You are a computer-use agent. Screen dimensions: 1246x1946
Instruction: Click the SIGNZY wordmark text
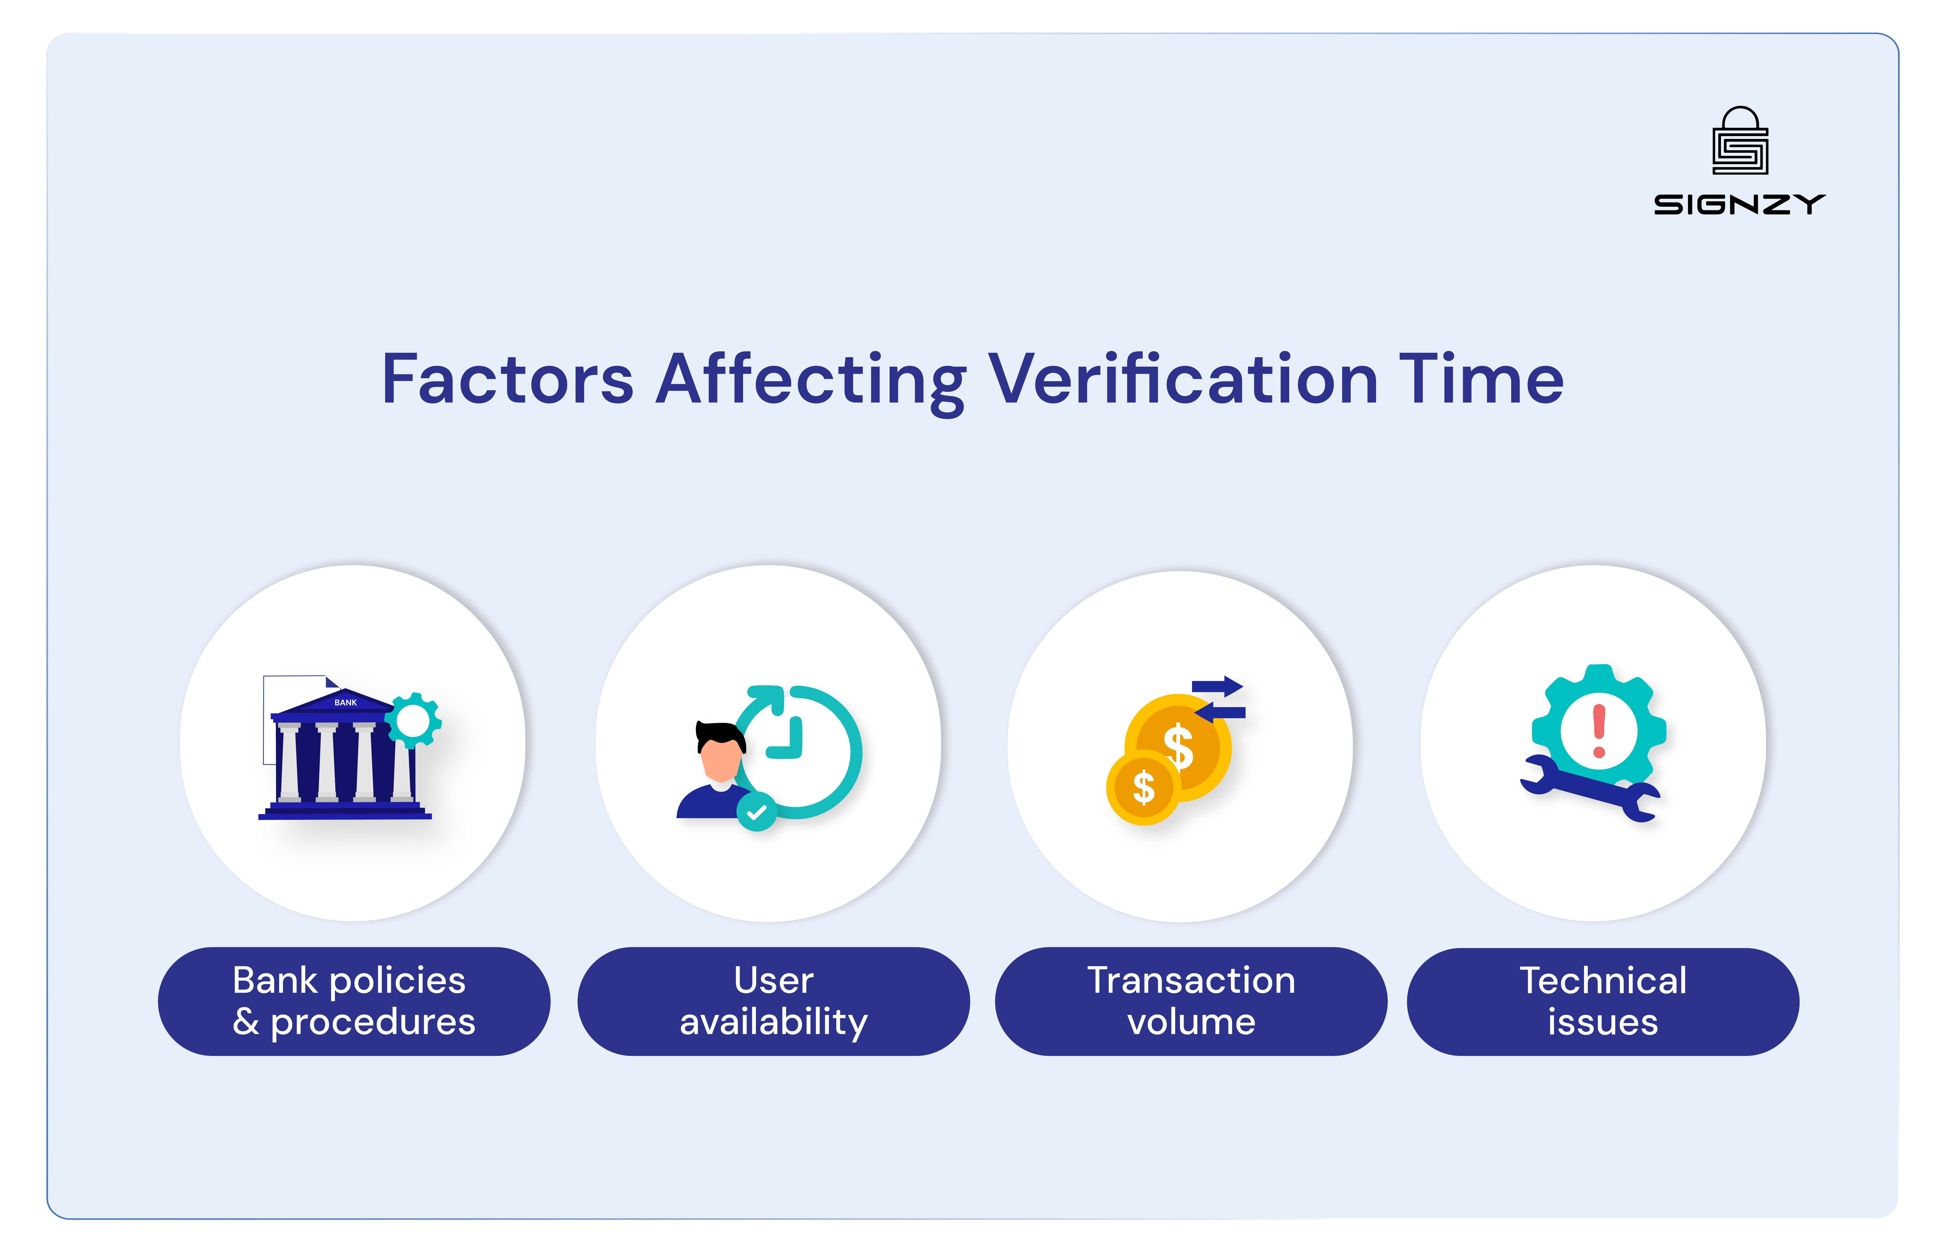(1739, 205)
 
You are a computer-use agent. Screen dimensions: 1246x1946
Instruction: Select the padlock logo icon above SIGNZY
(1740, 142)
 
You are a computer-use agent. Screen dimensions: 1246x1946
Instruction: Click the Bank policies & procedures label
(353, 1001)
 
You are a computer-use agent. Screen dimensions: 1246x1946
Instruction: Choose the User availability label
(773, 1001)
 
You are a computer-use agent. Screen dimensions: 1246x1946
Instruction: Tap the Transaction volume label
(1191, 1001)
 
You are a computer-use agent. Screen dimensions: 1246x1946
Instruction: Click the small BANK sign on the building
(345, 702)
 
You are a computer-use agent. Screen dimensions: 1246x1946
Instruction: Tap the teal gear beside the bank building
(413, 720)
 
